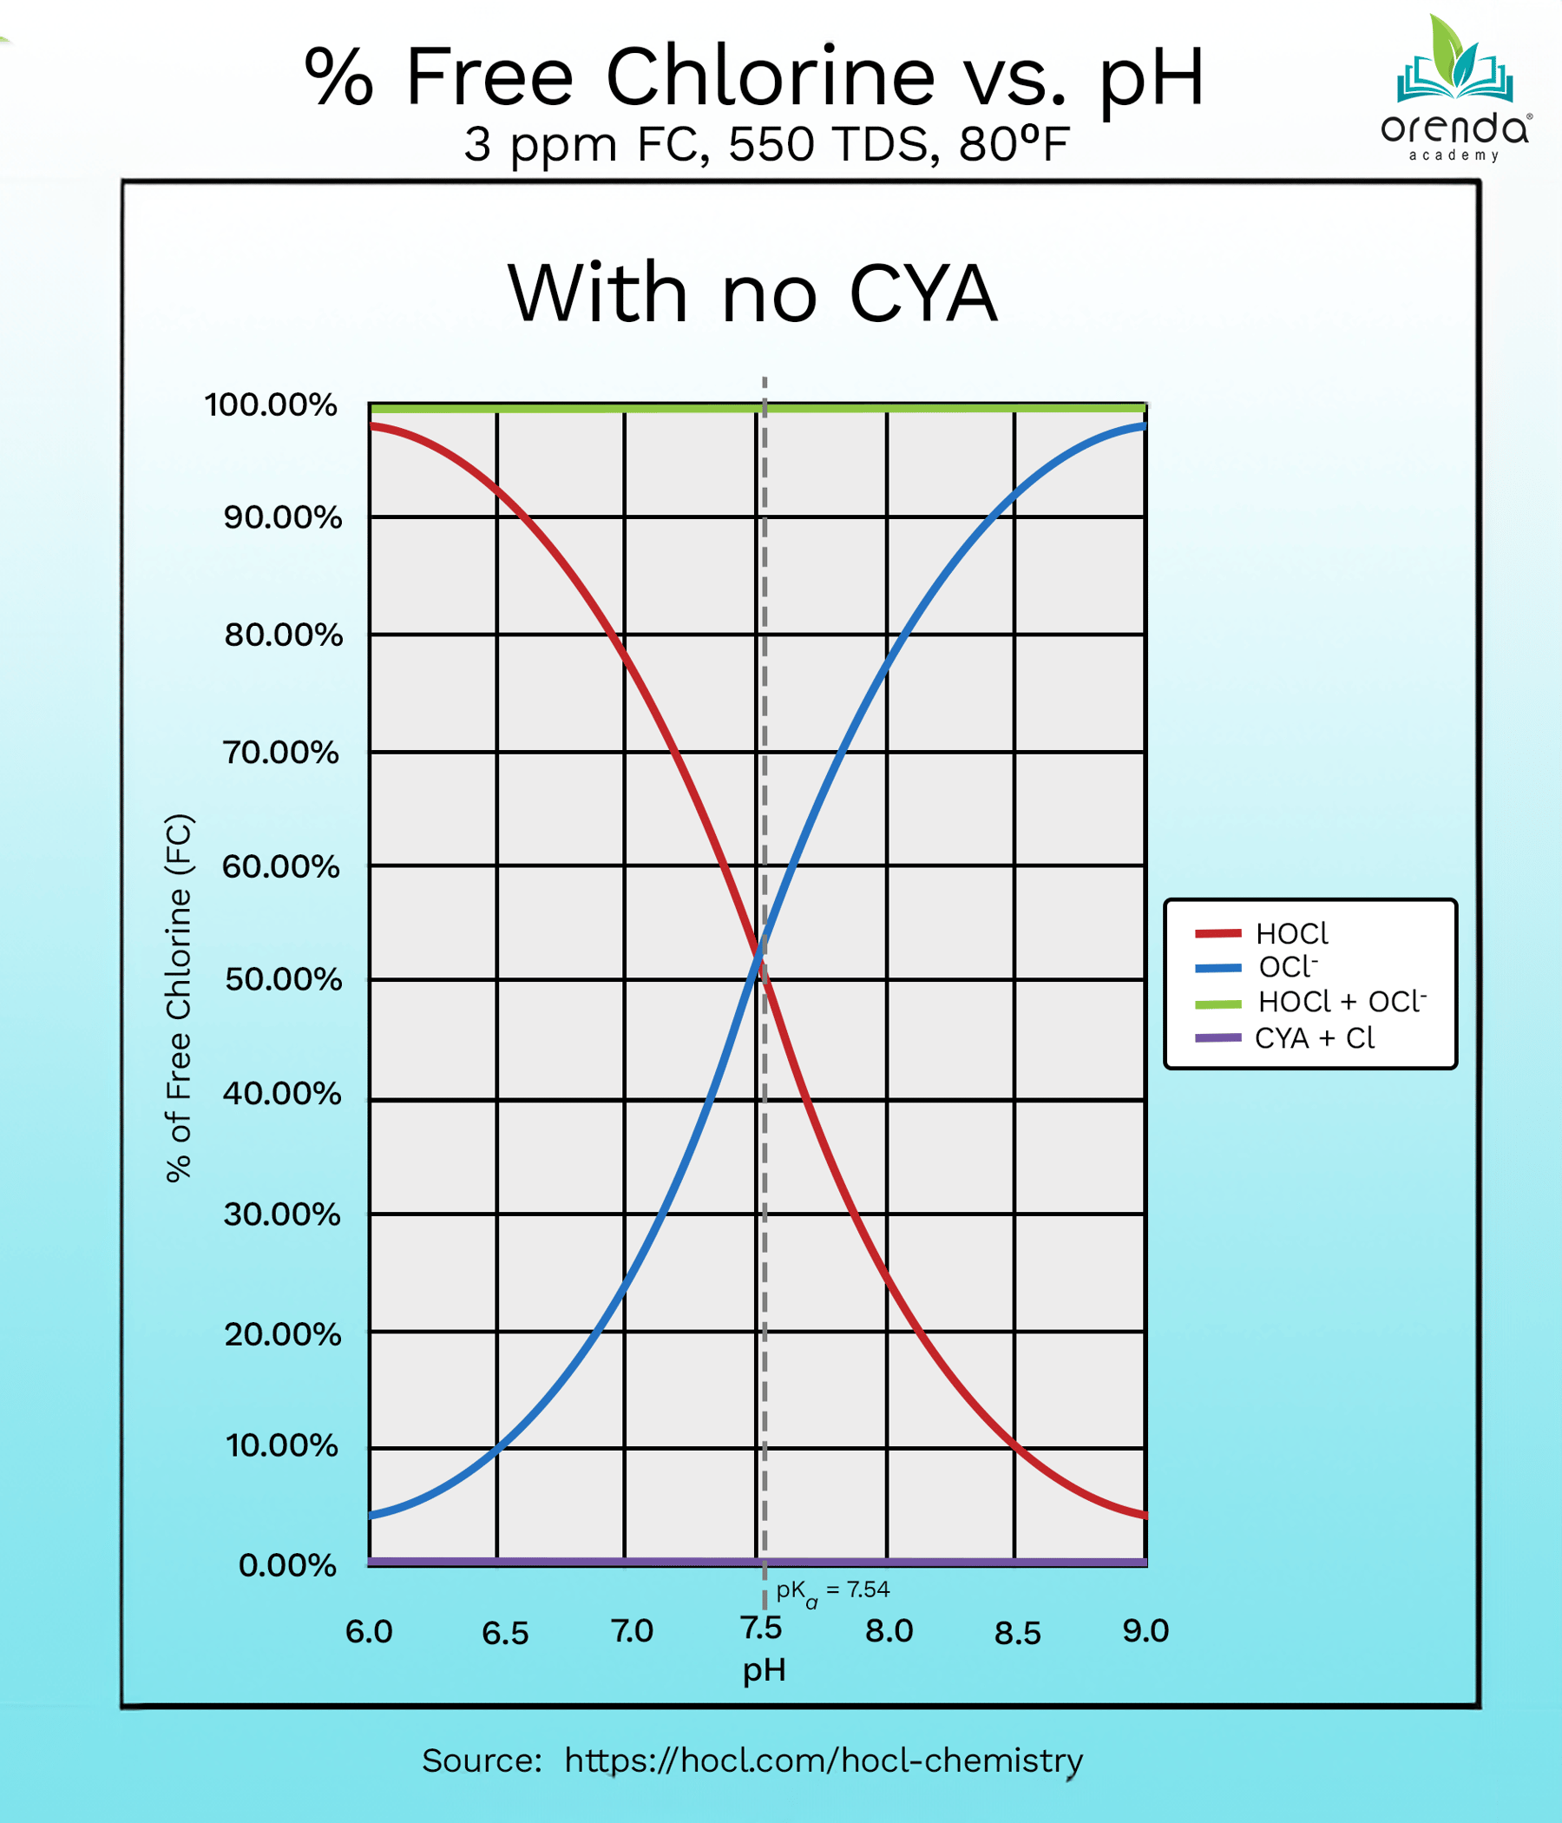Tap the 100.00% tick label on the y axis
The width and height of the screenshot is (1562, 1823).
(x=271, y=405)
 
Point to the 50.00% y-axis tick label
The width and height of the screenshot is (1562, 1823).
(x=283, y=979)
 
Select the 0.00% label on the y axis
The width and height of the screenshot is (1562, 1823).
(x=287, y=1565)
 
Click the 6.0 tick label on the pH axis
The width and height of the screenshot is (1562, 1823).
(x=369, y=1632)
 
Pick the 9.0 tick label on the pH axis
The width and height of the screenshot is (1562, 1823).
(x=1145, y=1631)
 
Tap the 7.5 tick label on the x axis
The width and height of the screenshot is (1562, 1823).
(x=761, y=1629)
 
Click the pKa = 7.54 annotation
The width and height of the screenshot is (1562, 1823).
(x=832, y=1590)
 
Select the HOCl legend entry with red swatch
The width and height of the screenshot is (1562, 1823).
(x=1262, y=933)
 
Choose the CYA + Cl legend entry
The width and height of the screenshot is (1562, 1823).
(x=1284, y=1038)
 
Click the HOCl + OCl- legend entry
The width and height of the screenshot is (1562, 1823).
(x=1310, y=1002)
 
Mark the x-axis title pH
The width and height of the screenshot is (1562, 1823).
(x=764, y=1670)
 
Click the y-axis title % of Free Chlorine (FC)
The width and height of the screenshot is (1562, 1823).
(x=179, y=997)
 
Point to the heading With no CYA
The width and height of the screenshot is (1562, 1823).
(x=753, y=294)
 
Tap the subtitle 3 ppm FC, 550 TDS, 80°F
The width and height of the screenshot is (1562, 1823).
(x=766, y=144)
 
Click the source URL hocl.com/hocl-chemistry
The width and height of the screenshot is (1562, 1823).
(x=824, y=1760)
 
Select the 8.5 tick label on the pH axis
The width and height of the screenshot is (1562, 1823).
(x=1018, y=1634)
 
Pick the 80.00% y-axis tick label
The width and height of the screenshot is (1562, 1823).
(x=283, y=635)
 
